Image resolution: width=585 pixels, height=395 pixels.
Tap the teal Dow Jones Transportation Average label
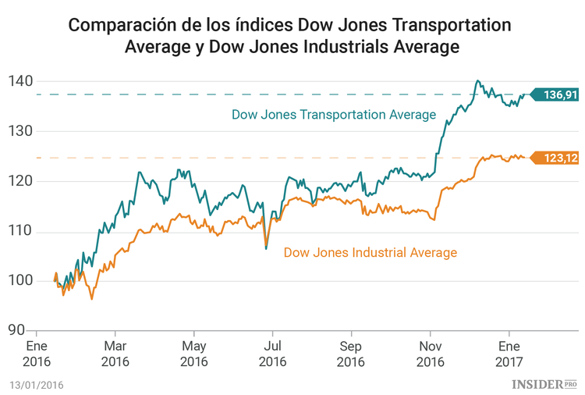pos(333,115)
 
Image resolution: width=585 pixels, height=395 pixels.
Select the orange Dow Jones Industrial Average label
pos(370,252)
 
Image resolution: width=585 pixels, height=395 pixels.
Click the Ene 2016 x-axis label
pos(37,354)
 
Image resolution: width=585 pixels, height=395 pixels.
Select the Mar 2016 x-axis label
pos(115,354)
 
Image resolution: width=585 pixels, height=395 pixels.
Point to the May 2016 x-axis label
pos(194,354)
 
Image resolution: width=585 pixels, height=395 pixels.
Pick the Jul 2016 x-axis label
pos(272,354)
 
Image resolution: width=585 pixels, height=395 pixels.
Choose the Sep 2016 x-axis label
pos(351,354)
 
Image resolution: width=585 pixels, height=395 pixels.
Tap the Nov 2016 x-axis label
pos(431,354)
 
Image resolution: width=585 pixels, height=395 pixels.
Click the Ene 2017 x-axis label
pos(509,354)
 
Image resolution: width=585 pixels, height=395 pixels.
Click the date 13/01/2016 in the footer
pos(37,384)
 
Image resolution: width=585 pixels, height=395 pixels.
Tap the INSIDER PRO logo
pos(544,383)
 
